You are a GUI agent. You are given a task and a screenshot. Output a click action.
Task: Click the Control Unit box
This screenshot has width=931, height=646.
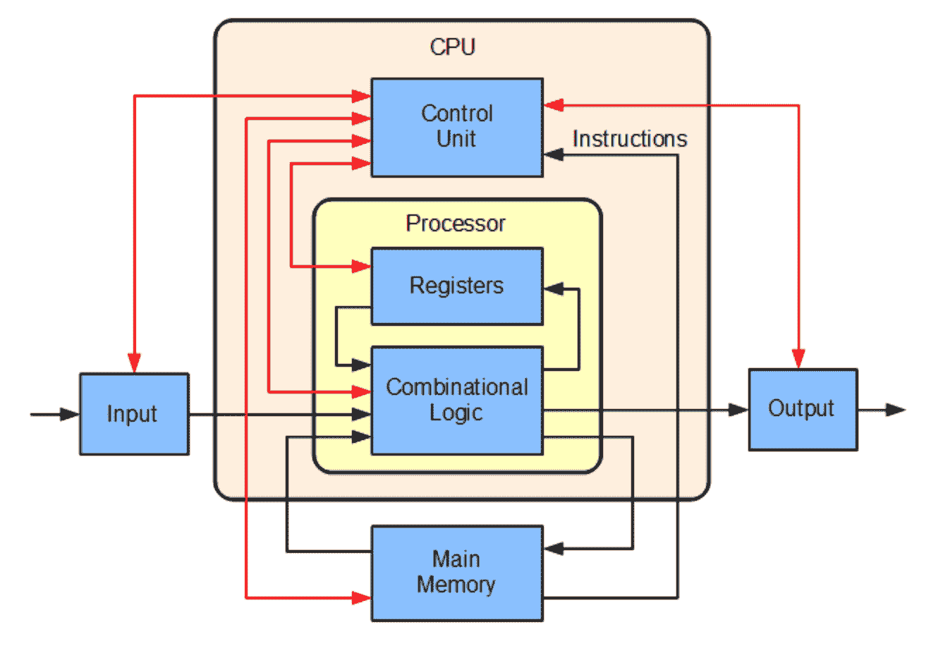click(457, 127)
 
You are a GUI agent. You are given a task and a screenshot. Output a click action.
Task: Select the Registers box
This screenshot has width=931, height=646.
click(457, 286)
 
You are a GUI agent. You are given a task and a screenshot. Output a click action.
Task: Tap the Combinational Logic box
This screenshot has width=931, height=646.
click(457, 400)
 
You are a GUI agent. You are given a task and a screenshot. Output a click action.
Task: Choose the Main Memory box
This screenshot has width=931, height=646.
click(457, 573)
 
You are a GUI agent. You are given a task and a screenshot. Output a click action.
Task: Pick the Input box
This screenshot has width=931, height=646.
click(134, 414)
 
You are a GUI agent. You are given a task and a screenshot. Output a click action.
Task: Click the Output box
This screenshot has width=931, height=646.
click(803, 409)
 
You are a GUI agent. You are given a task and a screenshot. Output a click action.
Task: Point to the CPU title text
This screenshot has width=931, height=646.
click(453, 47)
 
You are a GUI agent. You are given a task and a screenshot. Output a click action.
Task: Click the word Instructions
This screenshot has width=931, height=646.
click(629, 139)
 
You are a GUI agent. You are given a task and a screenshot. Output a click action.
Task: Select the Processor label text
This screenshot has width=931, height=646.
click(456, 224)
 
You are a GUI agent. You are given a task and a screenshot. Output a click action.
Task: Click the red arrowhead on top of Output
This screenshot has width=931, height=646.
click(798, 360)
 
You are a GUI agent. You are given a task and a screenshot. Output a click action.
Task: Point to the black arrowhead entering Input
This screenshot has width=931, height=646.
click(71, 414)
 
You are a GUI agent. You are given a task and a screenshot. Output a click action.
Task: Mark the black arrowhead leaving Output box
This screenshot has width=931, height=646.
click(896, 409)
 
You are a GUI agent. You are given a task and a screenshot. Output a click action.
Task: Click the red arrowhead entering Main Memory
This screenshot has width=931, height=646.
click(362, 598)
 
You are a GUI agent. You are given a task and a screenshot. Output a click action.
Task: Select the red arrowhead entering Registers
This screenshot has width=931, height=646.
click(362, 267)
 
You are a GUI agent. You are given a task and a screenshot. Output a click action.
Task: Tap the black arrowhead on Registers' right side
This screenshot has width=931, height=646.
click(553, 288)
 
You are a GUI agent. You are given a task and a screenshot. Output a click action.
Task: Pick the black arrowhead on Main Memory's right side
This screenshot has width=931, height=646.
click(553, 548)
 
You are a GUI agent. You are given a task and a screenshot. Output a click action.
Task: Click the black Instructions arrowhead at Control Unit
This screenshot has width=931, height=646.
click(553, 154)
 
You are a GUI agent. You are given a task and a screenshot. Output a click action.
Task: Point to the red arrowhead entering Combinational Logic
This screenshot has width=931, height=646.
click(362, 391)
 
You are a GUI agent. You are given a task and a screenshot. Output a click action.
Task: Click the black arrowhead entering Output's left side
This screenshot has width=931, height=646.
click(739, 409)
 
